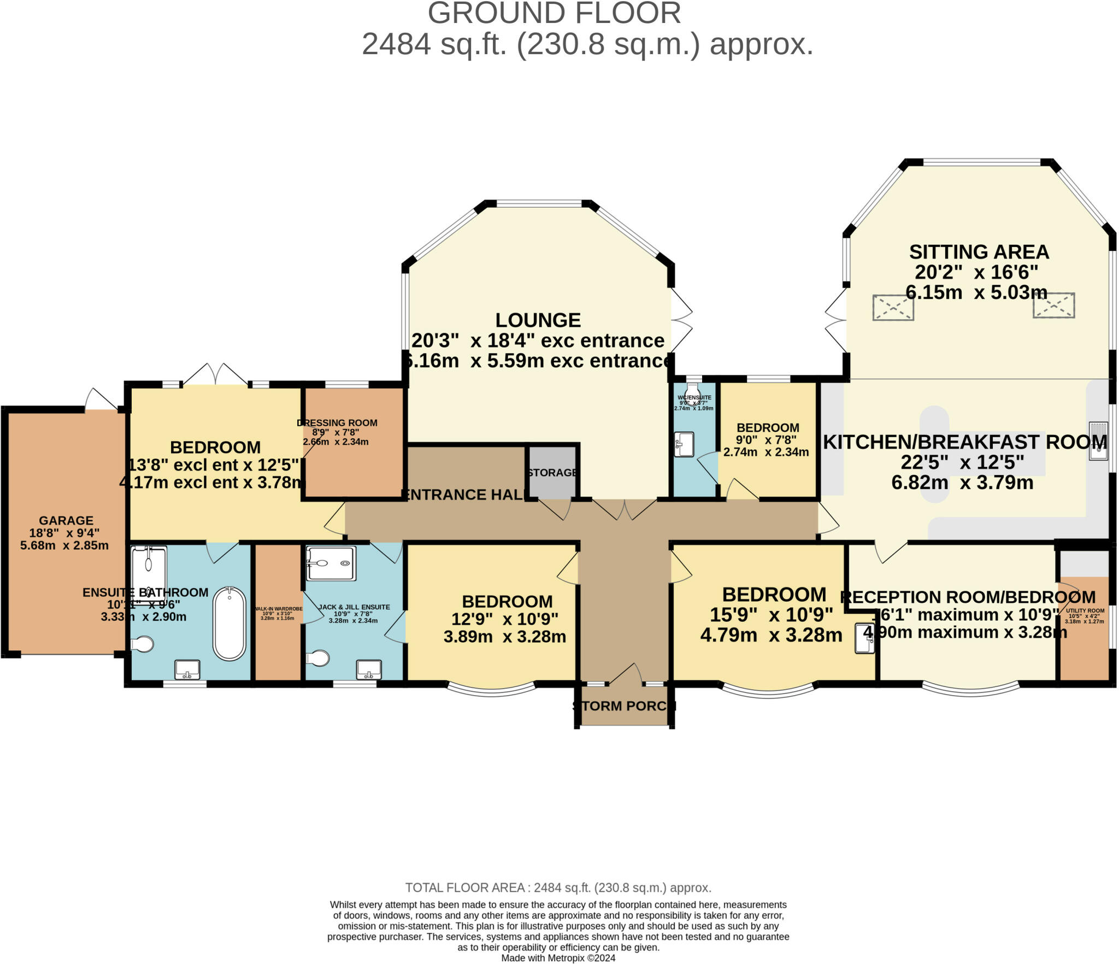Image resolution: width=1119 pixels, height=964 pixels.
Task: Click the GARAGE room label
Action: pos(66,521)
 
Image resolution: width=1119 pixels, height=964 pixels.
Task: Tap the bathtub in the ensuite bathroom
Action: pos(229,623)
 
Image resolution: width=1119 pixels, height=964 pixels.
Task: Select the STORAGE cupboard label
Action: pos(552,473)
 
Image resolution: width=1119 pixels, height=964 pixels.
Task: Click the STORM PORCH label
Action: pos(624,706)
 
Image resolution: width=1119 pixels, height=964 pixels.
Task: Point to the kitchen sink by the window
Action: pos(1098,440)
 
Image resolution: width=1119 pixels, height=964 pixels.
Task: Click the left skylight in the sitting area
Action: pos(893,308)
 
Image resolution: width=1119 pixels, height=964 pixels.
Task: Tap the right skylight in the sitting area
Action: pos(1053,305)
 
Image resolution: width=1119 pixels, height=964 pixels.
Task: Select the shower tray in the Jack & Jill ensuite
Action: pos(330,563)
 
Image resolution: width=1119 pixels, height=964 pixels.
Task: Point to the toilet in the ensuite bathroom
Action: pos(143,645)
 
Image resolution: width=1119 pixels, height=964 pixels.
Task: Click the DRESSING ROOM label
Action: pos(337,423)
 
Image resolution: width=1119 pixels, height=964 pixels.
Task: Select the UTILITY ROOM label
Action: pos(1085,611)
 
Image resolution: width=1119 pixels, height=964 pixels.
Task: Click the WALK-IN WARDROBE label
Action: pos(278,609)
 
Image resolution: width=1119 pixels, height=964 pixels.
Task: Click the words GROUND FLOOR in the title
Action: pos(554,13)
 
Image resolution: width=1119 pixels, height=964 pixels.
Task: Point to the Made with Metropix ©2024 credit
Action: pos(558,958)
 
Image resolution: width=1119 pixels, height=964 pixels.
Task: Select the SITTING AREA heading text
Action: pos(979,252)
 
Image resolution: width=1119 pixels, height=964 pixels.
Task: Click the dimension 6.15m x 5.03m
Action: pos(976,292)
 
